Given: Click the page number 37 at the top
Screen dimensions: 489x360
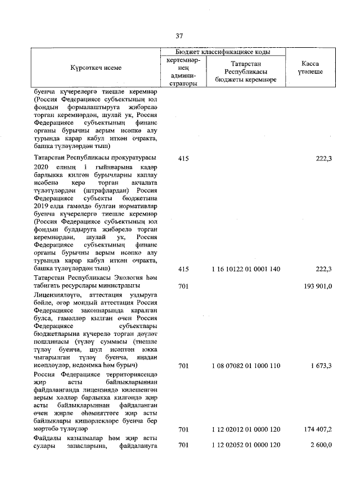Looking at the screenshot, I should tap(180, 36).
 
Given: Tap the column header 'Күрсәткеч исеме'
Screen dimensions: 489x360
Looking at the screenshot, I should tap(96, 68).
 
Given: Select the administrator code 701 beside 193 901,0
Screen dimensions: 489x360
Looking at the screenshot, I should tap(183, 286).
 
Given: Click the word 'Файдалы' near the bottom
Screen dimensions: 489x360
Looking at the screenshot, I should tap(49, 438).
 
